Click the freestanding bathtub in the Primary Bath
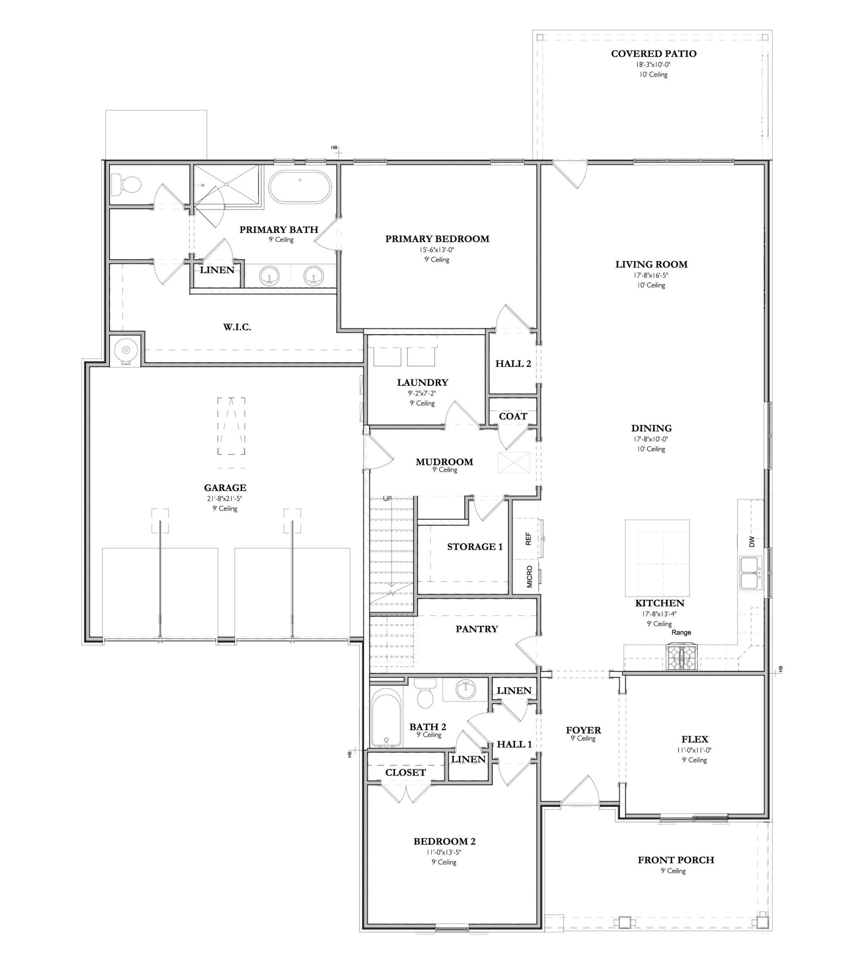click(x=300, y=187)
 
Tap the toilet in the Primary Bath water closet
click(x=126, y=185)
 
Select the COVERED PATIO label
click(x=654, y=53)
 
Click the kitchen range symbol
click(x=682, y=657)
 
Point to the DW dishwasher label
click(x=752, y=542)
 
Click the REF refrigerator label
click(x=528, y=539)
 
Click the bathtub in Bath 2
click(x=387, y=717)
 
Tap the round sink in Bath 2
click(x=465, y=690)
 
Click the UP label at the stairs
click(x=387, y=498)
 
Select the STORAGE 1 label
click(x=474, y=546)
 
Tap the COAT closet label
click(x=513, y=416)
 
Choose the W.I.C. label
click(x=237, y=327)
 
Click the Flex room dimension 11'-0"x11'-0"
click(x=694, y=749)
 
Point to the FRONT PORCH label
click(x=676, y=860)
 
